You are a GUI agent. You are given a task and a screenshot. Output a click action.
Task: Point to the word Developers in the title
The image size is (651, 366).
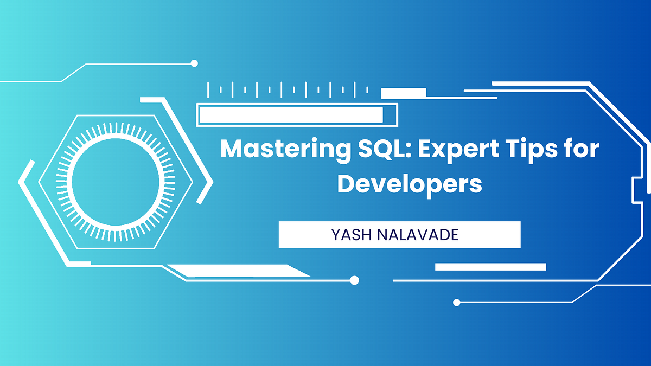click(409, 184)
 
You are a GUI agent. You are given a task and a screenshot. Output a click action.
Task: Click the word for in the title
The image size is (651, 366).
click(580, 148)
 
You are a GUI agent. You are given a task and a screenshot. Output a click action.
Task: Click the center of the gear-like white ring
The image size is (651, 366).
click(116, 175)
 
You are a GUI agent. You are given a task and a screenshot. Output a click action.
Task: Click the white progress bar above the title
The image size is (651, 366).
click(291, 115)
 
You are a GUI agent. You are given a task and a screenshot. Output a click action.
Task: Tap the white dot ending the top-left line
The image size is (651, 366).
click(194, 63)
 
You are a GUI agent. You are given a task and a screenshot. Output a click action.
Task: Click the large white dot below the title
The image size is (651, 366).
click(354, 280)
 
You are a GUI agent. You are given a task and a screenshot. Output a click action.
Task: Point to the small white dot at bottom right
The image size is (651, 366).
click(456, 302)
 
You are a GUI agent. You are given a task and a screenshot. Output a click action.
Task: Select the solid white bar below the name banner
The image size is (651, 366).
click(490, 267)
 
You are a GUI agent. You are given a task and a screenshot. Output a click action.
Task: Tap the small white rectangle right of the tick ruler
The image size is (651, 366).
click(403, 93)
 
